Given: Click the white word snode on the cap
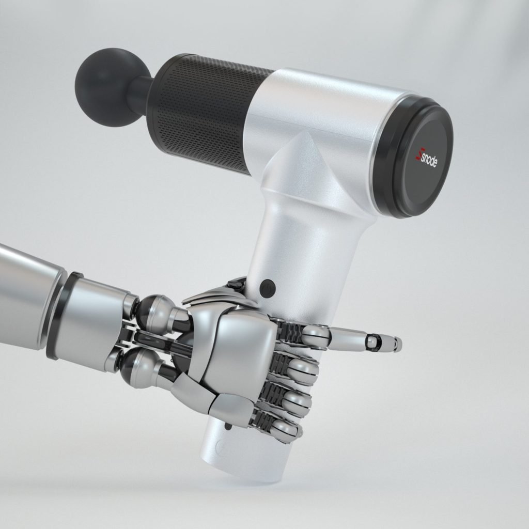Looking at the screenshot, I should (429, 159).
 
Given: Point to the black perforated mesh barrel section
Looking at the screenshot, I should (207, 111).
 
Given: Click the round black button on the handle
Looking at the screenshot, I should (267, 288).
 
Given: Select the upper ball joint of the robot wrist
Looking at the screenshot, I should (155, 310).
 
